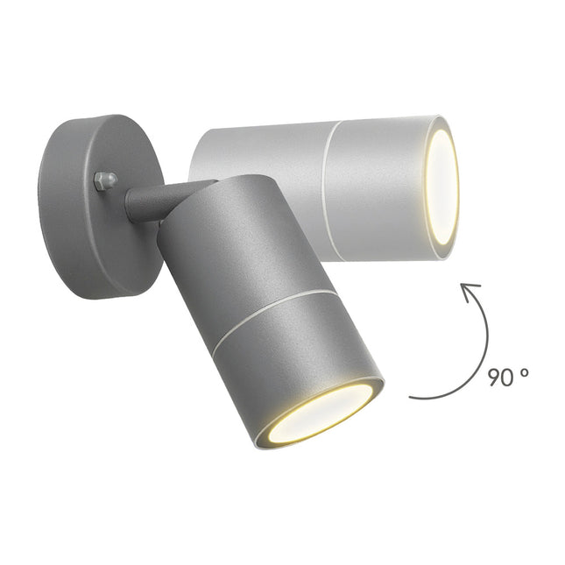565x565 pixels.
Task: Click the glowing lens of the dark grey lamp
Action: coord(321,411)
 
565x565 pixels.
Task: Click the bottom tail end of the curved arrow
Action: coord(413,396)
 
